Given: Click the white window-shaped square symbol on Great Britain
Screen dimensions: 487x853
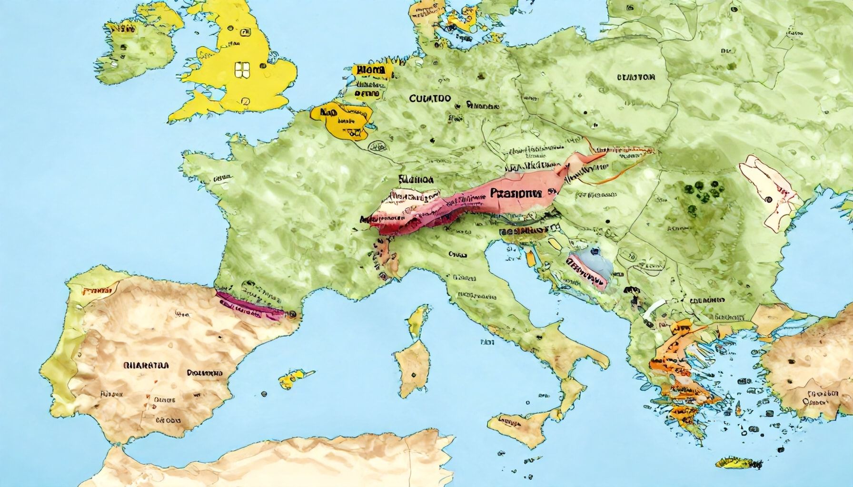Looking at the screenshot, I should (241, 70).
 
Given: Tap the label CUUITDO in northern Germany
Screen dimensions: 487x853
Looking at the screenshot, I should (430, 98).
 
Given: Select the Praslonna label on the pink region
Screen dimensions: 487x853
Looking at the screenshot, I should (515, 194).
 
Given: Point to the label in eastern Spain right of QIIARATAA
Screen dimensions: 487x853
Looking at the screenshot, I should (205, 373).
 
